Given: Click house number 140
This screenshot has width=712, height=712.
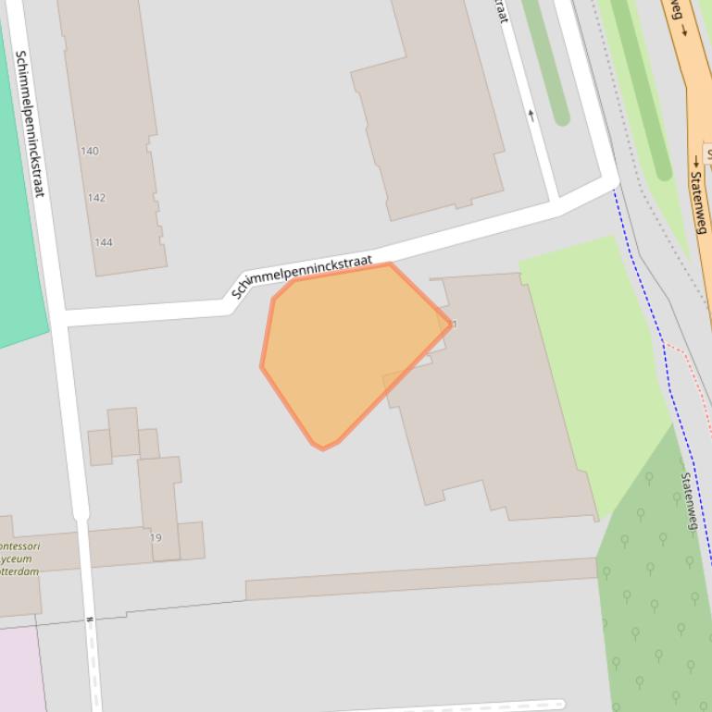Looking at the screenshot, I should tap(90, 151).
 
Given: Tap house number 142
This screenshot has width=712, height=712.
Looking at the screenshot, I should tap(96, 198).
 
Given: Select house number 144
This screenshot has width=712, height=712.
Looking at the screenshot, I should tap(103, 242).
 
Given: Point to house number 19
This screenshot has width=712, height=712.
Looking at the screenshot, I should tap(156, 537).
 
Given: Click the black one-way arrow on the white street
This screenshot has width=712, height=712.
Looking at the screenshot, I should tap(531, 115).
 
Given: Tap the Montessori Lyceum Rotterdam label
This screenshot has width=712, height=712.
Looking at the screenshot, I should tap(19, 559).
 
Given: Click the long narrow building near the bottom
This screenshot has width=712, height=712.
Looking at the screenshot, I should tap(421, 579).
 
